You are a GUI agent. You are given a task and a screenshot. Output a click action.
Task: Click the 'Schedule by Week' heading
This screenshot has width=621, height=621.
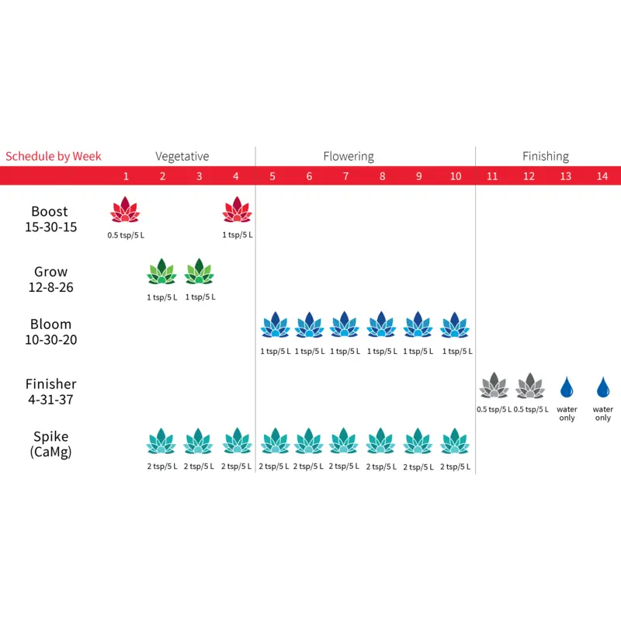(54, 156)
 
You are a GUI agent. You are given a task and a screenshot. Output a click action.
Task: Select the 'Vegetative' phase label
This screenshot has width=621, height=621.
(182, 156)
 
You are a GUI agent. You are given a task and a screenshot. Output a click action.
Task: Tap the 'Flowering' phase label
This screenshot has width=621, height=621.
(349, 156)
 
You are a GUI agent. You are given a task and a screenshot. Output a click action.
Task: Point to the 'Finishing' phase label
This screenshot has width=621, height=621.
(546, 156)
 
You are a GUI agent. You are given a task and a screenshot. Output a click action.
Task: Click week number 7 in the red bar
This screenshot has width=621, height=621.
(345, 176)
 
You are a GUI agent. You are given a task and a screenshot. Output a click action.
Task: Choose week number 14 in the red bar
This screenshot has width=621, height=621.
(602, 176)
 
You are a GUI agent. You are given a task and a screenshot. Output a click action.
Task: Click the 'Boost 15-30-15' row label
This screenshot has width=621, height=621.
(50, 220)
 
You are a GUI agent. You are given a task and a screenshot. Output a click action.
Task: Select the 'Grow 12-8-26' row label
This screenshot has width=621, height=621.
(50, 279)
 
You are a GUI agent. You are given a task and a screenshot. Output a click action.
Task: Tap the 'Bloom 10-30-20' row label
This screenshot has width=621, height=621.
(50, 331)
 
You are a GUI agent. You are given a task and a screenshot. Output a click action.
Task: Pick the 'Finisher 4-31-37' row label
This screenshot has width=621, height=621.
(50, 391)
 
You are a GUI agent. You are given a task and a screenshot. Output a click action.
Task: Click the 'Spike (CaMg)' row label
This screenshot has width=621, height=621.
(50, 444)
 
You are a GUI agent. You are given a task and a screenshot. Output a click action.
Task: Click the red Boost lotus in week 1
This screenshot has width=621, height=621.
(124, 210)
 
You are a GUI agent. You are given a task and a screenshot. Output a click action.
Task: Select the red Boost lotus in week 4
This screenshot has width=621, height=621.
(237, 210)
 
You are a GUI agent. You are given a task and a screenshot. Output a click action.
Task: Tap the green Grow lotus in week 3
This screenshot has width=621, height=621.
(199, 272)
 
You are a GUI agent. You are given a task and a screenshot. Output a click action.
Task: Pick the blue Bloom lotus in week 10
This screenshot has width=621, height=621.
(456, 325)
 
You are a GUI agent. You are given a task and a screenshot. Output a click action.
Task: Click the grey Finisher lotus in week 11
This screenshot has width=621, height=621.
(493, 385)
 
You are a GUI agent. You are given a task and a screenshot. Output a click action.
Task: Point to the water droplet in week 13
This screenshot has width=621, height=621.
(567, 386)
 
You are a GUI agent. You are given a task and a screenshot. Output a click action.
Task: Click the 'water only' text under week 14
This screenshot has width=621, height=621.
(603, 413)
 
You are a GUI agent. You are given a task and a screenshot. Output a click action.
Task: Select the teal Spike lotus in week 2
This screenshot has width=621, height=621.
(161, 442)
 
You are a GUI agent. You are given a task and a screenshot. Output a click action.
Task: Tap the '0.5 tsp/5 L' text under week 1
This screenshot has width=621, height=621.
(125, 234)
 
